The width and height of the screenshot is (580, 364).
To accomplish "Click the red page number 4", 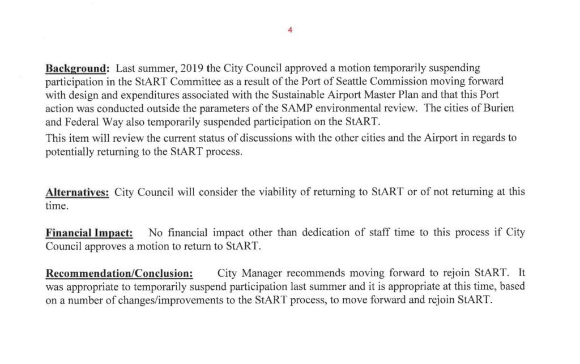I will (289, 30).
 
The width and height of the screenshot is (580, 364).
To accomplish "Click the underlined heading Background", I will (77, 68).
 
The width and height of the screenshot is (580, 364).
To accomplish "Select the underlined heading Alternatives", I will (77, 192).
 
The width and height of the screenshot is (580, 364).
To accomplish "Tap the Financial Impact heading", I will (89, 233).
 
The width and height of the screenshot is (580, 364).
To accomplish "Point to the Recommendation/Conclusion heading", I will (120, 274).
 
